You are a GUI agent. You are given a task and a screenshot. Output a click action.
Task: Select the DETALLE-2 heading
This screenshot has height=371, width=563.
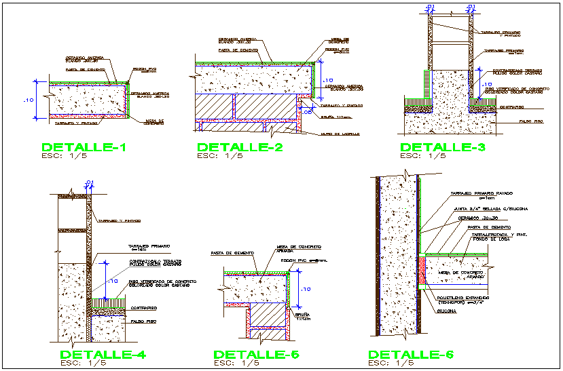point(239,147)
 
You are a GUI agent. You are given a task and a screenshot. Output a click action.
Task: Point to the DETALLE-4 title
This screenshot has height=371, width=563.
point(102,355)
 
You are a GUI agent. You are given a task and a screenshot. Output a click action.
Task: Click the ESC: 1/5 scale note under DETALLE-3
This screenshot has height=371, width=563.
point(423,156)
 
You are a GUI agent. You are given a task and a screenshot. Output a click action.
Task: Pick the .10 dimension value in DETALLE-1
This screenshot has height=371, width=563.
point(29,100)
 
